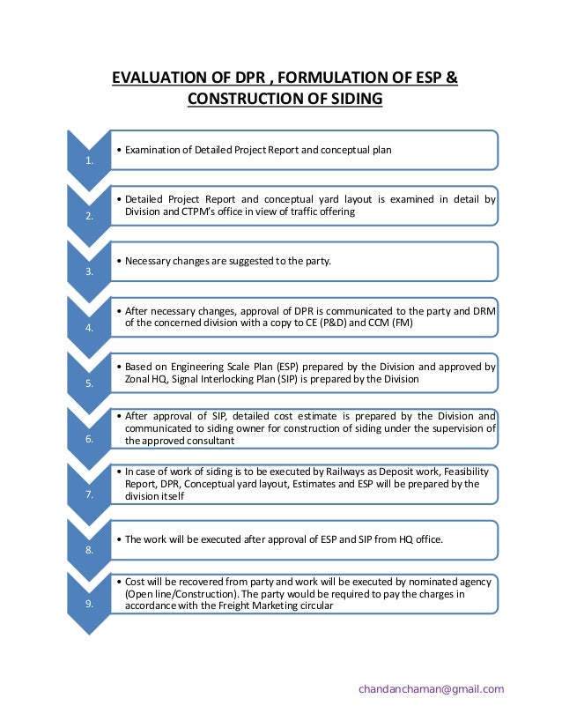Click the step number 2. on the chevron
(x=86, y=217)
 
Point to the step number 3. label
(x=86, y=272)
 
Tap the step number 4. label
(x=86, y=328)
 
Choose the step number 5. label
(x=86, y=383)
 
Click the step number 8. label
(x=86, y=550)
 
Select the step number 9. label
(x=86, y=605)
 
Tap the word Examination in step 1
(x=153, y=151)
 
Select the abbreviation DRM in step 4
(x=484, y=310)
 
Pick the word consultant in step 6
(x=211, y=440)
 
